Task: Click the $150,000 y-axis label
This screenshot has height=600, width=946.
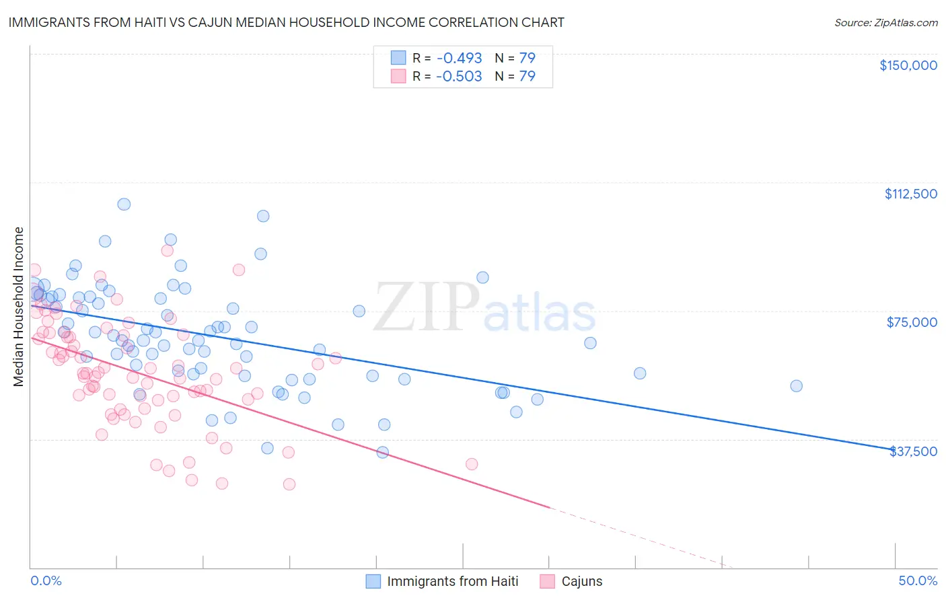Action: [x=908, y=65]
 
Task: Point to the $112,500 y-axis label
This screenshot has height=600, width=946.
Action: [x=910, y=194]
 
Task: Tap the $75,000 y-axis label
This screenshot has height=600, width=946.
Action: [x=912, y=322]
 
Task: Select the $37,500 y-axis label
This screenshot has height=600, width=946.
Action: [x=913, y=451]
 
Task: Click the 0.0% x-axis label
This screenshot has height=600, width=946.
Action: [x=46, y=580]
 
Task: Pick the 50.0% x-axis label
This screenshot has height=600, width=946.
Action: [x=918, y=580]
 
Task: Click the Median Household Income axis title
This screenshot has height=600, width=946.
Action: [x=18, y=307]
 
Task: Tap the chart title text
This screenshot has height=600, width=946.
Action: [x=286, y=22]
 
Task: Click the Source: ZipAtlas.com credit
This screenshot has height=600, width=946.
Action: [x=885, y=23]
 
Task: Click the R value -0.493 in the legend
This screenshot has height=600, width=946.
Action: [x=459, y=58]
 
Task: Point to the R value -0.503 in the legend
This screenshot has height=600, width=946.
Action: [x=459, y=76]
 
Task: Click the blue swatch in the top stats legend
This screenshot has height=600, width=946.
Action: [x=399, y=58]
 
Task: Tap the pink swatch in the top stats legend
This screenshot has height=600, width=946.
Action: [x=399, y=76]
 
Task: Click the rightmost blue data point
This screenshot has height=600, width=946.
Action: [x=796, y=386]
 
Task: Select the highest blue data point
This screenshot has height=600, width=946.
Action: [x=124, y=204]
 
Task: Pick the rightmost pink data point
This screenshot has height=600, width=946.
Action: [x=472, y=464]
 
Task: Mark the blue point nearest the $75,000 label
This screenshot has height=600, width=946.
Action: [x=590, y=343]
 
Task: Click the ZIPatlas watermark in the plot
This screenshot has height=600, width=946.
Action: [x=484, y=309]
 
